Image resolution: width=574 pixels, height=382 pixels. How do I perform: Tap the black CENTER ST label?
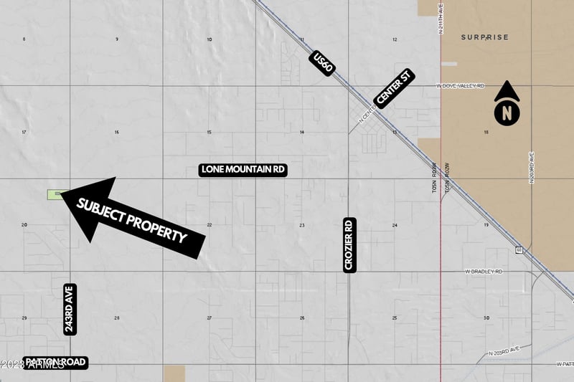[395, 88]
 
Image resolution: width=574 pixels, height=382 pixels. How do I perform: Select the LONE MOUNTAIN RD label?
[243, 170]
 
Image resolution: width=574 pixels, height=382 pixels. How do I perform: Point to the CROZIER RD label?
[349, 244]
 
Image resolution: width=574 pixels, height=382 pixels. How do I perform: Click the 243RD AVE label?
[70, 309]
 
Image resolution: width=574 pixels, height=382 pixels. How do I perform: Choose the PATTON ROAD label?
[55, 363]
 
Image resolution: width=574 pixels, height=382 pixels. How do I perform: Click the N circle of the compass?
[507, 113]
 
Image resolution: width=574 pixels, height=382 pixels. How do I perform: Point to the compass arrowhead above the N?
[507, 90]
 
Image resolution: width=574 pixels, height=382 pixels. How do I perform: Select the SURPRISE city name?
[484, 37]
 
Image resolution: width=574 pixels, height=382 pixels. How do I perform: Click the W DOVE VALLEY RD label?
[461, 86]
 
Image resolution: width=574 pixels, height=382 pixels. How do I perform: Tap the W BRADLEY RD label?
[484, 272]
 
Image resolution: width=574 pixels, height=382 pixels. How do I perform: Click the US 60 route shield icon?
[518, 250]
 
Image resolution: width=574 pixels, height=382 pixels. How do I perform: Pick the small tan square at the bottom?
[174, 373]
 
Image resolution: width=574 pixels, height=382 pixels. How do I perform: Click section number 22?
[210, 225]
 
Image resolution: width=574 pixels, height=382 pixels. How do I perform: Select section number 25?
[395, 317]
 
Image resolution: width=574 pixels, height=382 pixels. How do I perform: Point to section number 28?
[117, 317]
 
